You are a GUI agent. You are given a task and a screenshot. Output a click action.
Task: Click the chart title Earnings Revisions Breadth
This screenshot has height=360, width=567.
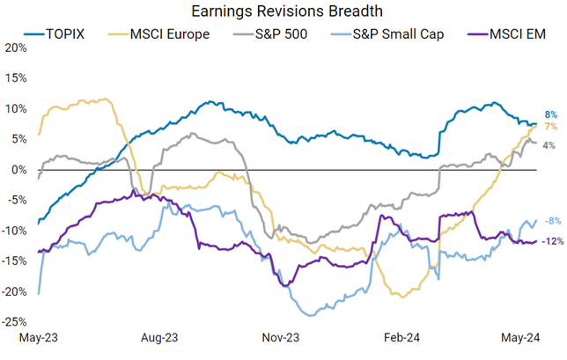[x=283, y=12]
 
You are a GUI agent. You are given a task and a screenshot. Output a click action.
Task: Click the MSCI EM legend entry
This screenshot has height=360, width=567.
[x=502, y=34]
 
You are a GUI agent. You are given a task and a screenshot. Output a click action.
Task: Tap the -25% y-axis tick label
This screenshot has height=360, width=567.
[x=15, y=323]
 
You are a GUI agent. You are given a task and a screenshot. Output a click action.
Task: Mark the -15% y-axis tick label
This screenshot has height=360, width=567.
[x=15, y=261]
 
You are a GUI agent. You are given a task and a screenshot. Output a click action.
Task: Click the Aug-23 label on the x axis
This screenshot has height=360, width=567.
[x=159, y=336]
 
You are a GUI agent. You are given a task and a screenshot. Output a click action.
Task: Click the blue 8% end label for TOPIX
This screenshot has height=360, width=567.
[x=550, y=114]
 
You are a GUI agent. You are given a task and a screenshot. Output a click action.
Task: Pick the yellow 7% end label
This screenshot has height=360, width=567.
[x=550, y=128]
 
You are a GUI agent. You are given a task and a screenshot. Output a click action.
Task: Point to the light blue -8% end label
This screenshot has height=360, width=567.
[x=550, y=221]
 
